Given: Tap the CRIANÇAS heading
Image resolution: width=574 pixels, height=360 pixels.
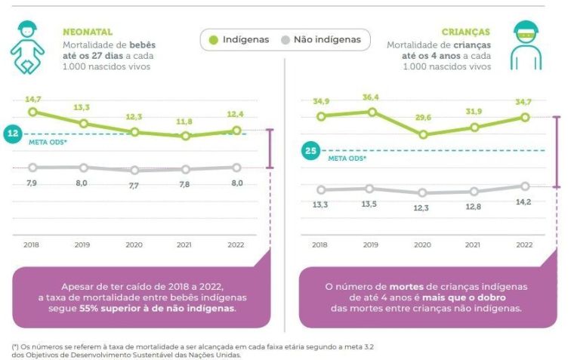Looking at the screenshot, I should [x=466, y=32].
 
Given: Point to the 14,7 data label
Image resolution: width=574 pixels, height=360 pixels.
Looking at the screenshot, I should [x=32, y=99].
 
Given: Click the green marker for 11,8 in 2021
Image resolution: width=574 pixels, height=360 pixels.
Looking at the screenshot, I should [x=186, y=136].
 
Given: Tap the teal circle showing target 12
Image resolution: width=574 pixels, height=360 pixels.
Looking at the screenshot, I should [x=12, y=134].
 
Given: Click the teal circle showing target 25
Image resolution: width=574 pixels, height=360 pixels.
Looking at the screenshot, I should [x=310, y=151].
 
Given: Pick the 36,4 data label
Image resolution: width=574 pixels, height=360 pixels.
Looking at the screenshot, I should [x=370, y=97].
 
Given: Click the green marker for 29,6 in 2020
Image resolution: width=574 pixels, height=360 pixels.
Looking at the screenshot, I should [x=423, y=134].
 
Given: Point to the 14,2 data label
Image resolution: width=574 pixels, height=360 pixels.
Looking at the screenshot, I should [x=524, y=202].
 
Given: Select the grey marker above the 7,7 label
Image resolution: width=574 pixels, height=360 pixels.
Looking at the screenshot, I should [x=134, y=171].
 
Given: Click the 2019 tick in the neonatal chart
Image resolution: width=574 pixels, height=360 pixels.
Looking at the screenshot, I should [x=83, y=245].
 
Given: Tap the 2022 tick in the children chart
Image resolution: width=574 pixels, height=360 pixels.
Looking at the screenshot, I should [x=524, y=245].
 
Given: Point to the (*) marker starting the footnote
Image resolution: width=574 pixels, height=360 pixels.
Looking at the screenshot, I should [x=15, y=346].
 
